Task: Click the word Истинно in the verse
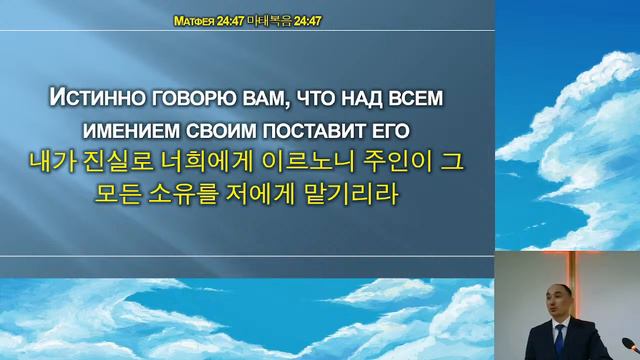point(94,99)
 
